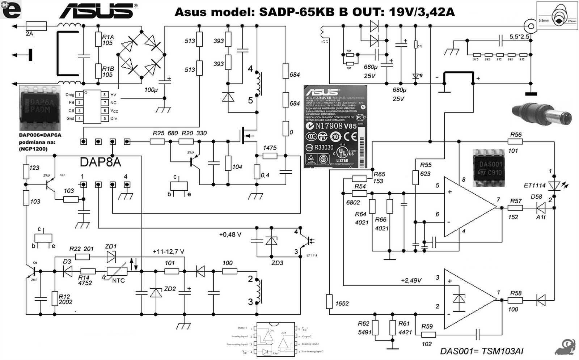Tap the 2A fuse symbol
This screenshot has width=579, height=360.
(x=36, y=26)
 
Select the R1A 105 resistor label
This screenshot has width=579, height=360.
(x=107, y=40)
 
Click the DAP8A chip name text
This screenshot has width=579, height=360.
(x=100, y=162)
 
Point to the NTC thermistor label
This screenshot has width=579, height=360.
(x=118, y=280)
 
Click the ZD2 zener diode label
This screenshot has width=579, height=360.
(x=170, y=289)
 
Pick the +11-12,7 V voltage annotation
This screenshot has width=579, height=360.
(x=168, y=251)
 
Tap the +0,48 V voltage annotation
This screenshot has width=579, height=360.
(x=230, y=234)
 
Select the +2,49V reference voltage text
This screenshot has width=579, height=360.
(x=411, y=280)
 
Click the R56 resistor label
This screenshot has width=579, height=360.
(x=516, y=135)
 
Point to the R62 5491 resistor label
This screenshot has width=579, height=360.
(x=364, y=328)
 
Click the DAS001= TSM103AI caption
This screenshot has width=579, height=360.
(x=481, y=351)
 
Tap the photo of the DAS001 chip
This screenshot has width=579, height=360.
(x=489, y=168)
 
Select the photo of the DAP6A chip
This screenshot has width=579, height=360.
(x=40, y=108)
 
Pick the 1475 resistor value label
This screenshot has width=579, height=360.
(x=270, y=148)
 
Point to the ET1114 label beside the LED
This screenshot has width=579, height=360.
(x=534, y=186)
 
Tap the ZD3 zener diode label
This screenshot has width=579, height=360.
(x=277, y=263)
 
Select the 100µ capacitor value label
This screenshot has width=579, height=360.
(x=151, y=90)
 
